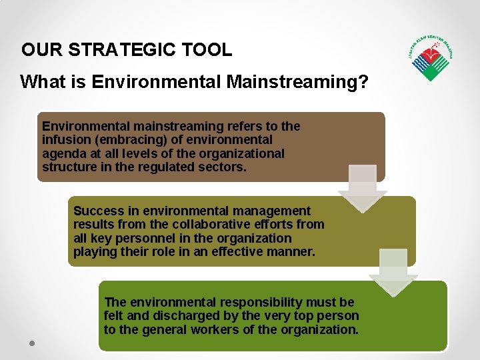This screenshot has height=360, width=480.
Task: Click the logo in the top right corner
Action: [x=431, y=59]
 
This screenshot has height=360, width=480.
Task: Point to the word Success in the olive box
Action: [x=99, y=211]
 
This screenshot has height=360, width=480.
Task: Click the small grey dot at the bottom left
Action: [x=31, y=343]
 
